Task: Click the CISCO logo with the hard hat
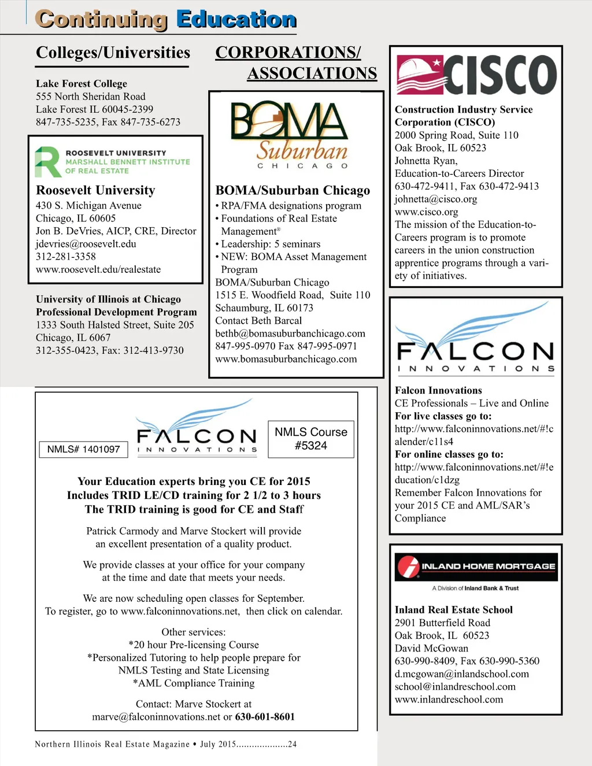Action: tap(476, 75)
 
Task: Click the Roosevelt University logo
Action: tap(112, 162)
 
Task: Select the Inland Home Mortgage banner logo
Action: tap(476, 567)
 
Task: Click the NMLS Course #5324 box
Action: tap(311, 439)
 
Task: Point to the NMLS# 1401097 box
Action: tap(84, 449)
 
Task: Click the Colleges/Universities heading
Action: tap(113, 53)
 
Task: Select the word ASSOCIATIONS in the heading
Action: tap(312, 73)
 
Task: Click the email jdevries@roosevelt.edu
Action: tap(86, 244)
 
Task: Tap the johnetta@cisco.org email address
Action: tap(436, 199)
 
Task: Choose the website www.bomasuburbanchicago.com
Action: tap(286, 359)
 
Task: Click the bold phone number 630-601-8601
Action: tap(265, 717)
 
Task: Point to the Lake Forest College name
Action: tap(82, 84)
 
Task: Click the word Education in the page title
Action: tap(236, 20)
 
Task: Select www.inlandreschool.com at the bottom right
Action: tap(449, 700)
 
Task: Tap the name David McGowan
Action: tap(431, 648)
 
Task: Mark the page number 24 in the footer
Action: tap(292, 744)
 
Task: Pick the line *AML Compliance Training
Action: tap(194, 683)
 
